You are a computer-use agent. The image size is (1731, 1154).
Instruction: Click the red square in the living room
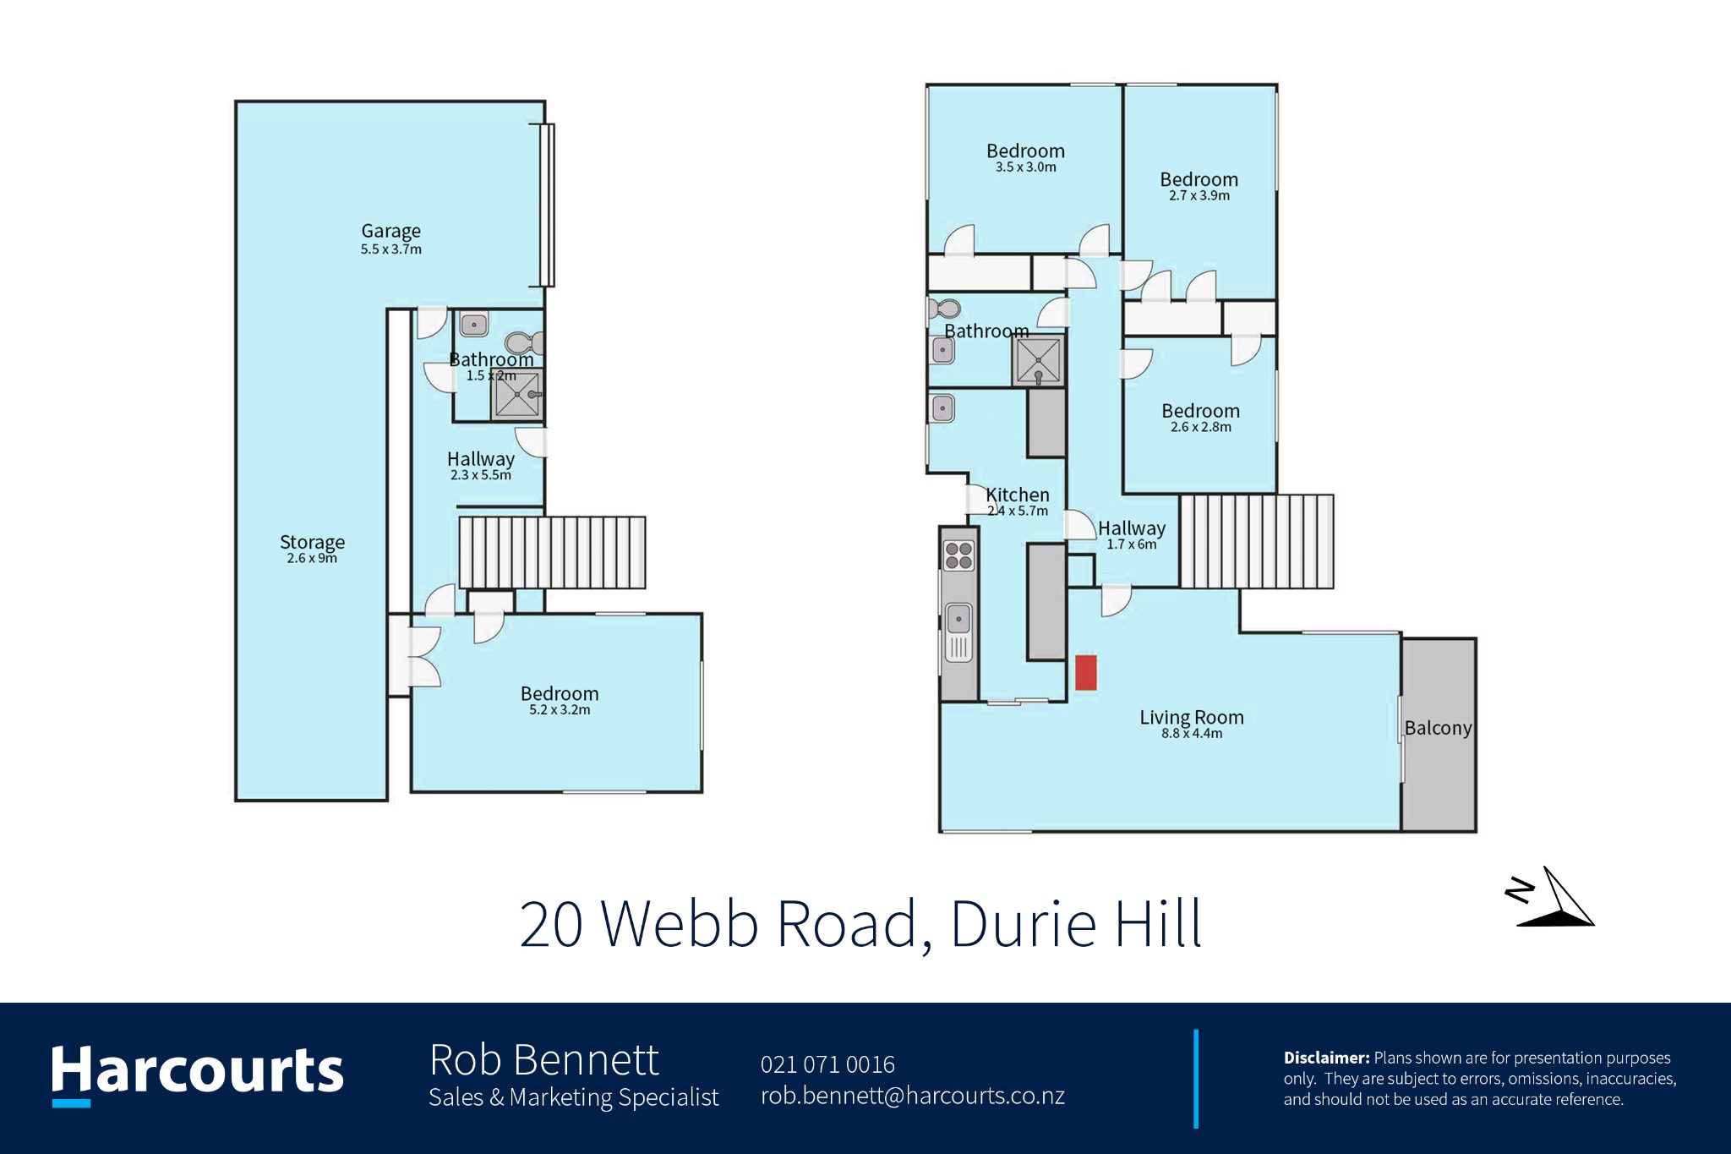point(1086,672)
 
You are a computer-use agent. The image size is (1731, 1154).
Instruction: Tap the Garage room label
point(390,232)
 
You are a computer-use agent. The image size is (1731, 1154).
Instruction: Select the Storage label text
point(312,542)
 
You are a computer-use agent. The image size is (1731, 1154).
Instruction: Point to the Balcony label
point(1438,728)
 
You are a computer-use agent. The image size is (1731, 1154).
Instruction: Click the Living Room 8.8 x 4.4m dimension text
point(1192,734)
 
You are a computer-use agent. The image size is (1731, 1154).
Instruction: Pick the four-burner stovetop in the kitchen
point(958,555)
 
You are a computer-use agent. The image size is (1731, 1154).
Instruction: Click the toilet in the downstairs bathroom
point(524,343)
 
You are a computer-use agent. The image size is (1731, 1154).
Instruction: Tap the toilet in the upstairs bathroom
point(945,309)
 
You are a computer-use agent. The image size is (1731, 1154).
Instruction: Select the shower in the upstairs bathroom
point(1038,360)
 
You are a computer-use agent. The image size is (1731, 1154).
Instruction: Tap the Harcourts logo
point(197,1074)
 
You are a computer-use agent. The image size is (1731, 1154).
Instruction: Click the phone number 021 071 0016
point(827,1064)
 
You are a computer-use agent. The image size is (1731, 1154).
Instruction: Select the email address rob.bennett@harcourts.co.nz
point(913,1096)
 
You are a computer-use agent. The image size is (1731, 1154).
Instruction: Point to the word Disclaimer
point(1326,1058)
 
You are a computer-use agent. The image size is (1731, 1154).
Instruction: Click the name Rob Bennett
point(543,1060)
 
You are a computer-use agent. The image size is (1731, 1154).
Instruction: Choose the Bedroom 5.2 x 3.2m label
point(560,700)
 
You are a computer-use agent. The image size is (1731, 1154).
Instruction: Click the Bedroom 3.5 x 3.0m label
point(1025,158)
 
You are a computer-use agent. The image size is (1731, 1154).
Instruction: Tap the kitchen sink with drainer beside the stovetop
point(958,632)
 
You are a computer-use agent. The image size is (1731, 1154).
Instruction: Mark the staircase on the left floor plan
point(552,552)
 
